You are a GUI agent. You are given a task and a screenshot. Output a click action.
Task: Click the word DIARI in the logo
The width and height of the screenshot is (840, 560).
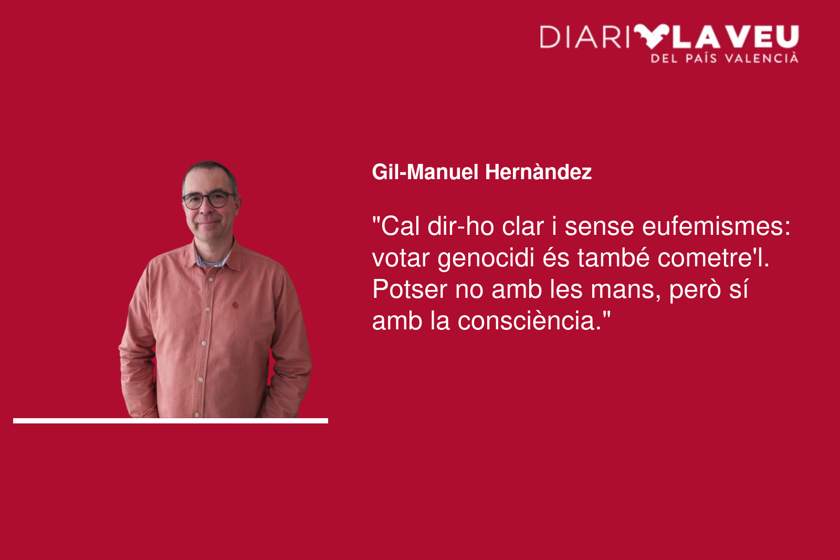point(584,37)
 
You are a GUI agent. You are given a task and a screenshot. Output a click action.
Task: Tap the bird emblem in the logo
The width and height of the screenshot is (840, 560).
point(652,36)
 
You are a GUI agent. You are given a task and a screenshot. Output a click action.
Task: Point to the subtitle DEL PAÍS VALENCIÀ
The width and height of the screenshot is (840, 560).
point(724,58)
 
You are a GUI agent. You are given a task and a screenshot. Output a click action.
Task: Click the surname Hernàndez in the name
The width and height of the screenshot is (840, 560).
point(538,172)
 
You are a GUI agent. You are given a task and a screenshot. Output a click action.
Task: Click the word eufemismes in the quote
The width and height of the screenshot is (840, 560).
point(717,226)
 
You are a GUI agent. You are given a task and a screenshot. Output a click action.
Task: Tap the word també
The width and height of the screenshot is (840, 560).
point(613,258)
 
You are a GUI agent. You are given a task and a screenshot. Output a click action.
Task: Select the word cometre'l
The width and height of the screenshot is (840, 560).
point(713,258)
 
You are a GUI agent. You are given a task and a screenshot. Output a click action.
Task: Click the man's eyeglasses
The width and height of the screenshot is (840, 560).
point(209,199)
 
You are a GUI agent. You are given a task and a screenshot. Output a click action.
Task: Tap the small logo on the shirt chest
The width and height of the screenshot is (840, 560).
point(236,305)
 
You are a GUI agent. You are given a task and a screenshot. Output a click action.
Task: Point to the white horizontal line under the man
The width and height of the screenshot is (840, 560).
point(171,421)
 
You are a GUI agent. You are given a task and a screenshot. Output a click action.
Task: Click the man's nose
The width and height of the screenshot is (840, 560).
point(207,211)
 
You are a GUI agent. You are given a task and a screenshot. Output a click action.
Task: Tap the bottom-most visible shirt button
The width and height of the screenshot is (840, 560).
point(197,414)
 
